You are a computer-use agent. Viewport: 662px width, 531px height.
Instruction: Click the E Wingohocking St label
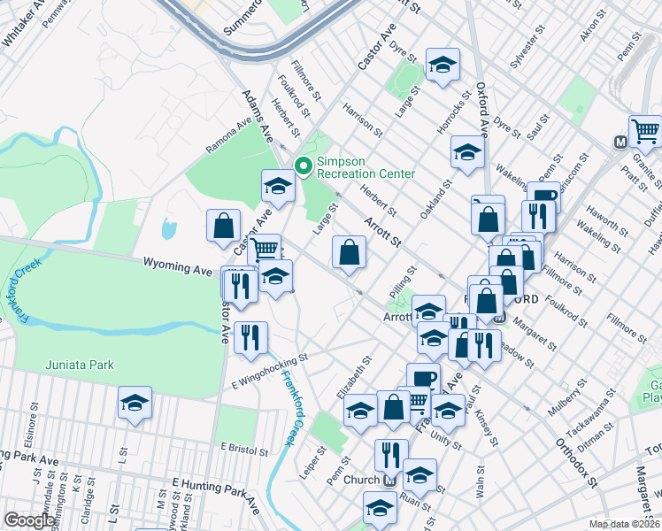point(269,372)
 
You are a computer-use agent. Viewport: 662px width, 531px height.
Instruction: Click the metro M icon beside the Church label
point(389,481)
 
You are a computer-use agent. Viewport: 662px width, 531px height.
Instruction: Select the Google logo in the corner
point(29,520)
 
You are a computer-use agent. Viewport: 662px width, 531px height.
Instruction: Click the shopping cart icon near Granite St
point(646,133)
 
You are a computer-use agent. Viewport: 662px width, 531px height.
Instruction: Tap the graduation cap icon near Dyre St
point(443,65)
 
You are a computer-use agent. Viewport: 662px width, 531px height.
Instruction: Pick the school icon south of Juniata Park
point(134,403)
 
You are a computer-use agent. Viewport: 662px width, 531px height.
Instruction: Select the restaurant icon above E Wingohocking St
point(250,338)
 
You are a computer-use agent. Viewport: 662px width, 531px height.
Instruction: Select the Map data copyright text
point(625,524)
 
